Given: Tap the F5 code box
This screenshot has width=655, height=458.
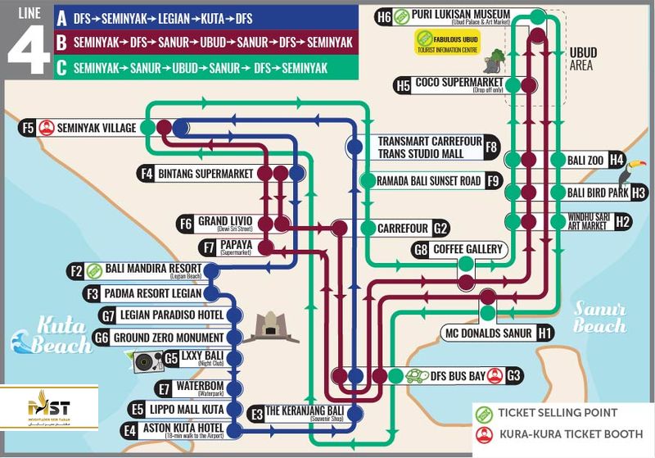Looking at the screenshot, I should pyautogui.click(x=28, y=127).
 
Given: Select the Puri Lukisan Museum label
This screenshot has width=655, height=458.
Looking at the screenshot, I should pyautogui.click(x=462, y=16).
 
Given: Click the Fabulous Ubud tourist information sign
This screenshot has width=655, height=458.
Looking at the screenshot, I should pyautogui.click(x=449, y=41).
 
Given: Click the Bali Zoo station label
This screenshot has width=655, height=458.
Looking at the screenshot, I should pyautogui.click(x=586, y=161).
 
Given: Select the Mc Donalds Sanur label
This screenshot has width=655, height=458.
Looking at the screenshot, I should pyautogui.click(x=488, y=333).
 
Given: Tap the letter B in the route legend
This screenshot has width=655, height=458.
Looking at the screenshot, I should pyautogui.click(x=61, y=42).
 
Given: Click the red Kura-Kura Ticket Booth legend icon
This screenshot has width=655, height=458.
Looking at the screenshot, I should pyautogui.click(x=483, y=433).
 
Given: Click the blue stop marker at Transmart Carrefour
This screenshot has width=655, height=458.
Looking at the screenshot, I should pyautogui.click(x=355, y=147).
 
